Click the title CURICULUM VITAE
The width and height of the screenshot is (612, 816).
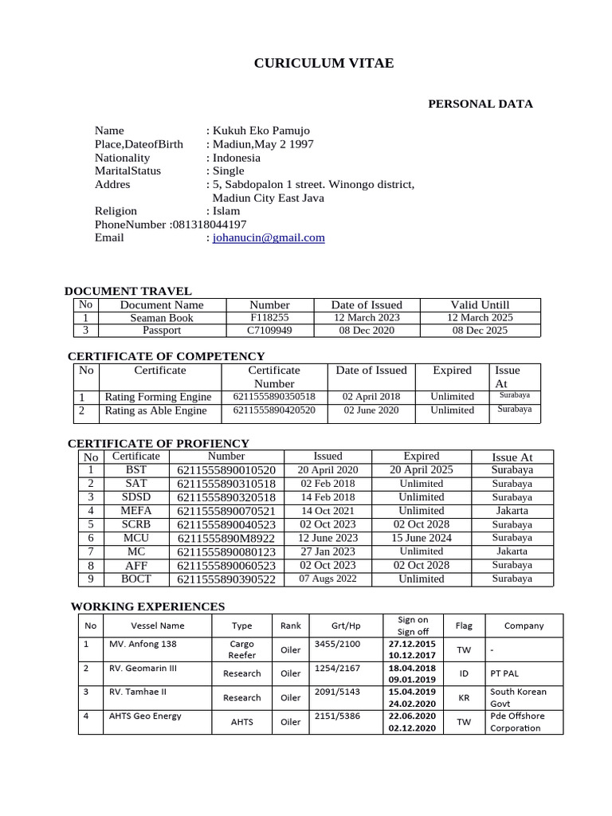click(324, 63)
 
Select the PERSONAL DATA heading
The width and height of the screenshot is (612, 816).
click(481, 104)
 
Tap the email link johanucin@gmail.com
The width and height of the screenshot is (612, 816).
click(269, 237)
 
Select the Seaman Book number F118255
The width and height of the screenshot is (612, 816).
click(269, 317)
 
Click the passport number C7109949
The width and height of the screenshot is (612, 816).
click(269, 330)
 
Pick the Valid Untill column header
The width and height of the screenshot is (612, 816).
click(480, 304)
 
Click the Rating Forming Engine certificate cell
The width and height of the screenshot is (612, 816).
click(158, 397)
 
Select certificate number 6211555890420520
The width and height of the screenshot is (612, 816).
click(273, 410)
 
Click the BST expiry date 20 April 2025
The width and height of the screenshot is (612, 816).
click(421, 470)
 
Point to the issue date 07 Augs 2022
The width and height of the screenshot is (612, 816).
click(328, 579)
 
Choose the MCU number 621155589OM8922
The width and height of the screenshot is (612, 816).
click(226, 538)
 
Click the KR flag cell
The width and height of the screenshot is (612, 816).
click(463, 697)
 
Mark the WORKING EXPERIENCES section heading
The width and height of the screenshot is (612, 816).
click(148, 606)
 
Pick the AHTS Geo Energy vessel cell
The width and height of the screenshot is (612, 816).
click(145, 716)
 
